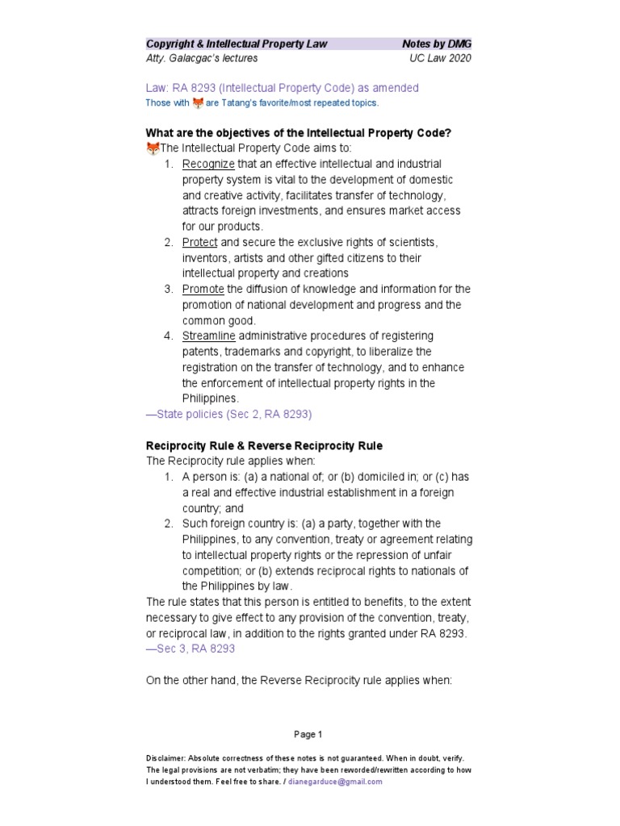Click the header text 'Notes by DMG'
tap(436, 44)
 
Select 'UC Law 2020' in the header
tap(440, 58)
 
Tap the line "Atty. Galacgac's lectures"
tap(202, 58)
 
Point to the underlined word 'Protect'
tap(200, 242)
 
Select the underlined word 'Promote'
tap(203, 289)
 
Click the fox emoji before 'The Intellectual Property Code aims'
tap(153, 148)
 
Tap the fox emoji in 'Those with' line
tap(198, 102)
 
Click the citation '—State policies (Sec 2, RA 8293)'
tap(228, 414)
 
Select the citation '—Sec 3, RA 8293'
tap(191, 649)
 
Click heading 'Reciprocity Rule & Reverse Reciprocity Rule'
tap(264, 445)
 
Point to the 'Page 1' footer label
tap(308, 734)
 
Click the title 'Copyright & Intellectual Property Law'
tap(236, 44)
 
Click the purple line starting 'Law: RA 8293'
tap(282, 88)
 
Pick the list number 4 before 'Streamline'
tap(168, 336)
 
